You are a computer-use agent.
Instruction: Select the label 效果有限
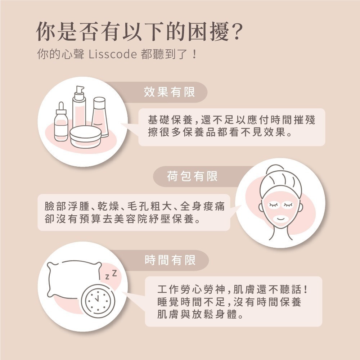point(169,92)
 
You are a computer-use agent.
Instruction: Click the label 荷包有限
point(192,176)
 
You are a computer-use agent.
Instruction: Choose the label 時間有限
point(170,260)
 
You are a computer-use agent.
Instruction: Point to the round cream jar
point(85,136)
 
